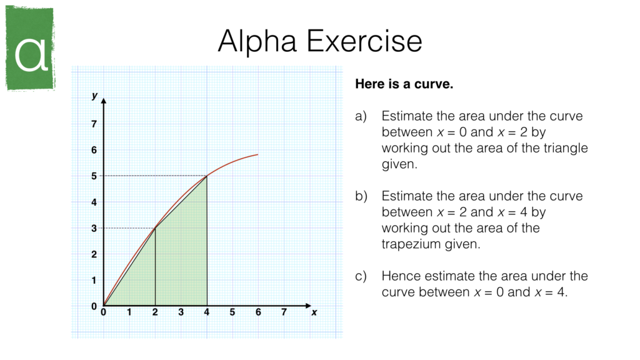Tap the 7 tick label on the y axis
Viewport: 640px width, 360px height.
(94, 124)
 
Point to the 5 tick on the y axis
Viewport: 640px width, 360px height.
(94, 176)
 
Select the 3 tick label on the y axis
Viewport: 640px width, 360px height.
(94, 228)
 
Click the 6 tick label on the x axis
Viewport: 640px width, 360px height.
(258, 312)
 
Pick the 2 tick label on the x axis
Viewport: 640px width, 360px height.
(155, 312)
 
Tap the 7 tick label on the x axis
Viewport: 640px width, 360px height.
(284, 312)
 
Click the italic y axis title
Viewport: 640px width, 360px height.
(94, 96)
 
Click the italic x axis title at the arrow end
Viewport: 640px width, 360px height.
(314, 312)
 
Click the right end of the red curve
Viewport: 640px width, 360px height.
(257, 154)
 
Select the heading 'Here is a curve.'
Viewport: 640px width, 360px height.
(403, 84)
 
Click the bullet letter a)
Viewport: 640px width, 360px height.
(361, 116)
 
